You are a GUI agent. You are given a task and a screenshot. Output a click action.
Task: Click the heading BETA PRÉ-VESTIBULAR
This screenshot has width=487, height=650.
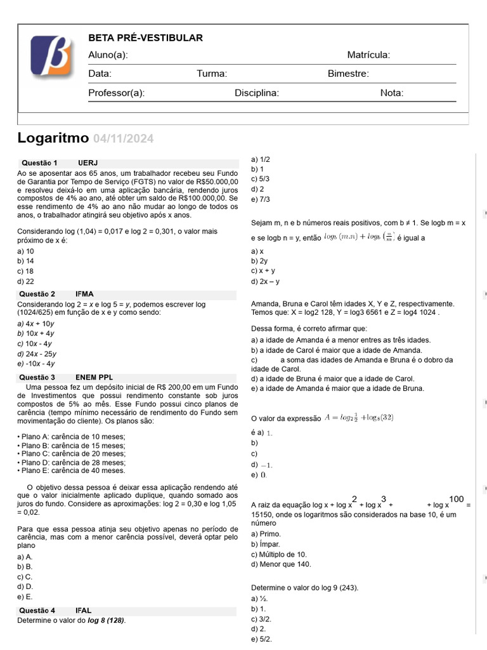tap(145, 38)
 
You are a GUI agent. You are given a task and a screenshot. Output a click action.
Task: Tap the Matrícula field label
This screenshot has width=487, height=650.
tap(368, 55)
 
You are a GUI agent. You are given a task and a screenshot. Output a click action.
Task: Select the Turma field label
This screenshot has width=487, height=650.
tap(212, 74)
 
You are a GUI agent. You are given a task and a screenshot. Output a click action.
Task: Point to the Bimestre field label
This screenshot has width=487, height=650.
tap(348, 74)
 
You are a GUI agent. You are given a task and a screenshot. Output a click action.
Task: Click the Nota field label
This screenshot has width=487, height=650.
tap(391, 93)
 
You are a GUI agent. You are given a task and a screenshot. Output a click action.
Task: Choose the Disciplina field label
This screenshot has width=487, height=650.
tap(257, 93)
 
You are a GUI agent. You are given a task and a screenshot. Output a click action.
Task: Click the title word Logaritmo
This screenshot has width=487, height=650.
tap(53, 138)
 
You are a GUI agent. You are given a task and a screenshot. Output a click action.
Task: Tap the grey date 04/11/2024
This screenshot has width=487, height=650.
tap(123, 139)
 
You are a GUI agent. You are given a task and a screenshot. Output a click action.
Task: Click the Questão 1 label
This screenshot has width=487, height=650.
tap(39, 162)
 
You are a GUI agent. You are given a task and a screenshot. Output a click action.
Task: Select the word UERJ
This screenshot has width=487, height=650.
tap(88, 162)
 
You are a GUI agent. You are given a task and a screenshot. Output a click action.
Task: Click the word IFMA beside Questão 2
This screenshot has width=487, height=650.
tap(84, 294)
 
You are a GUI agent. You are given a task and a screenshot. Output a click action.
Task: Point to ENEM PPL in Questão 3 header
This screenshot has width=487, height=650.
tap(94, 378)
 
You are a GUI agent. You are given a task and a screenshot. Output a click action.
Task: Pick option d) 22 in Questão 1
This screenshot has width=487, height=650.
tap(26, 281)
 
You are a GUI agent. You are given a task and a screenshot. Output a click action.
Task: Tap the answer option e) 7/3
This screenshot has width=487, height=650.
tap(261, 199)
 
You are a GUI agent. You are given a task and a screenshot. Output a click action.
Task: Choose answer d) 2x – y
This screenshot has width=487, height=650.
tap(265, 281)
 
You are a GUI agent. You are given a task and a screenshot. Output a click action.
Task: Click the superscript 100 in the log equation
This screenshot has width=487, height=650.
tap(457, 498)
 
